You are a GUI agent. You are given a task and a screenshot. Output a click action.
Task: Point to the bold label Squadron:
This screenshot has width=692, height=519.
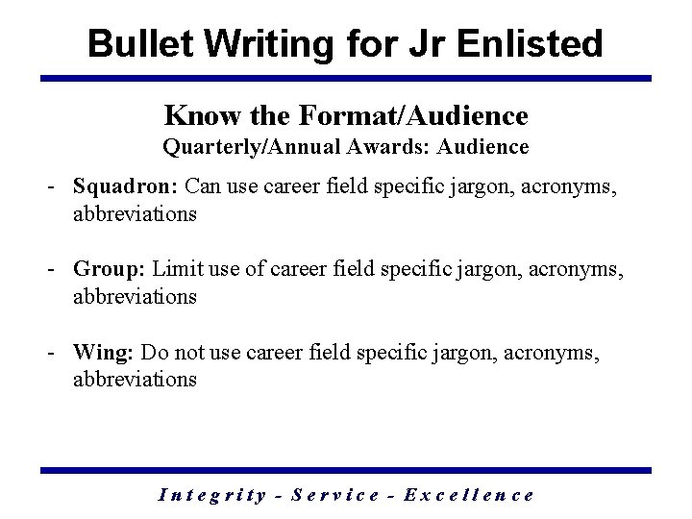tap(126, 185)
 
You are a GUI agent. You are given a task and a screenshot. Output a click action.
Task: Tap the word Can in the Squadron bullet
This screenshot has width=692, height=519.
tap(203, 185)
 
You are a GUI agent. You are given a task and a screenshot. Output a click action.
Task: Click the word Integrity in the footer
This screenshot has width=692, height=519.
tap(211, 495)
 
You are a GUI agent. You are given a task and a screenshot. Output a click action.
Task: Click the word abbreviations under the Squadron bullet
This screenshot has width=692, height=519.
tap(135, 213)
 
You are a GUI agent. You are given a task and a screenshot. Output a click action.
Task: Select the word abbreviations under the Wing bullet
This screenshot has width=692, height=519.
tap(135, 379)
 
